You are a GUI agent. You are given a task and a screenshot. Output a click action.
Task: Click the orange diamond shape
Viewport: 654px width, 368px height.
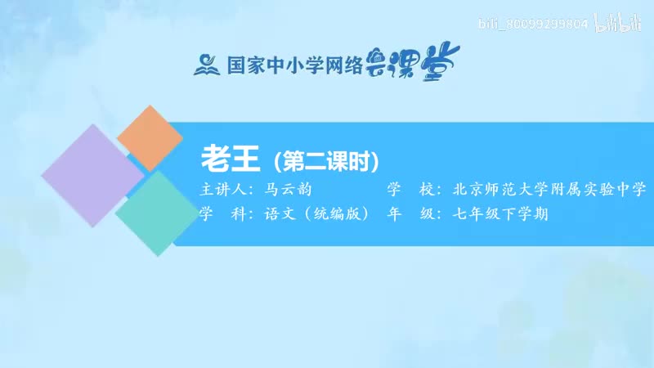pos(150,138)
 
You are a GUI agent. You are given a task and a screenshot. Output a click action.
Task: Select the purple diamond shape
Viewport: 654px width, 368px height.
pos(92,176)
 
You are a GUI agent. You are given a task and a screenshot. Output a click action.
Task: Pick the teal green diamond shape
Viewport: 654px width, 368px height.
pos(155,213)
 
